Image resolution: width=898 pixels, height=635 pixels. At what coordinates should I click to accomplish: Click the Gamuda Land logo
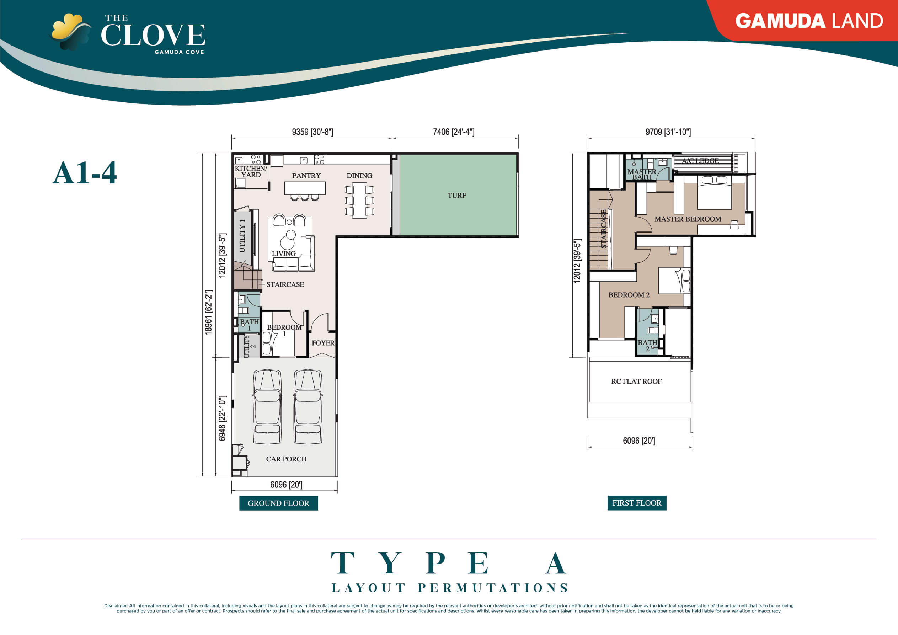808,21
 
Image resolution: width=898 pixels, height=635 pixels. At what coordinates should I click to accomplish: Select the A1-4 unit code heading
85,173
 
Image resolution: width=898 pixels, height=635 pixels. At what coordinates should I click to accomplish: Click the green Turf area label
456,195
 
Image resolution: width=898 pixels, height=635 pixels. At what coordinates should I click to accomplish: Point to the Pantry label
306,176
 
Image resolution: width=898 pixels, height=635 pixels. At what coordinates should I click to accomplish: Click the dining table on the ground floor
359,200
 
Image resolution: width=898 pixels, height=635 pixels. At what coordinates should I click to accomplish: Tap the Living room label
284,254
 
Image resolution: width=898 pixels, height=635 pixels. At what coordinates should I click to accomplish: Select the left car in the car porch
267,406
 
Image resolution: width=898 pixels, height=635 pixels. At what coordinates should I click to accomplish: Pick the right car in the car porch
308,406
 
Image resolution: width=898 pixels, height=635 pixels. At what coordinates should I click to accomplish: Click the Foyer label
323,343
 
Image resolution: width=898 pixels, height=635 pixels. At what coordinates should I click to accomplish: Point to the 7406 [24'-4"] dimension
453,132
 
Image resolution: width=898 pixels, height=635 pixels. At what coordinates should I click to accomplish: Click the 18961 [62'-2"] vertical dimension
208,312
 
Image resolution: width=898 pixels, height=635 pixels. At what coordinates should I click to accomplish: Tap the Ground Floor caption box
278,503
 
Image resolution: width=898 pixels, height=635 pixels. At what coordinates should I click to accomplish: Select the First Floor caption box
636,503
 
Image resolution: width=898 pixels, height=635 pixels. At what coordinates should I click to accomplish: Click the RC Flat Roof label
636,381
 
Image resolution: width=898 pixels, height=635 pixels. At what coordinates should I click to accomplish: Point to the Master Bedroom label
688,219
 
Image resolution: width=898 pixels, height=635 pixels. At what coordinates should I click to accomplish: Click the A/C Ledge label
700,161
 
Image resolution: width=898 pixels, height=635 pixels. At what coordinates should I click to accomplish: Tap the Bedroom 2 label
629,295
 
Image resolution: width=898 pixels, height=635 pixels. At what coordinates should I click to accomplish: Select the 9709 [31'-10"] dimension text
668,132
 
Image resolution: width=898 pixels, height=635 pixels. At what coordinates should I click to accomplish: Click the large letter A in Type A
555,563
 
